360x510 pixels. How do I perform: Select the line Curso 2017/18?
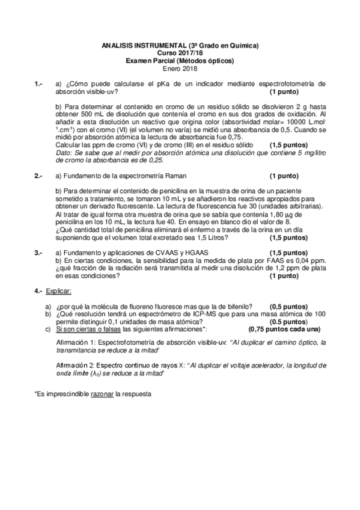(x=180, y=54)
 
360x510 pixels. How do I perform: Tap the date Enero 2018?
(x=180, y=68)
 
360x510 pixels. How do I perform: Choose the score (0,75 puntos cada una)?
(x=284, y=330)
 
